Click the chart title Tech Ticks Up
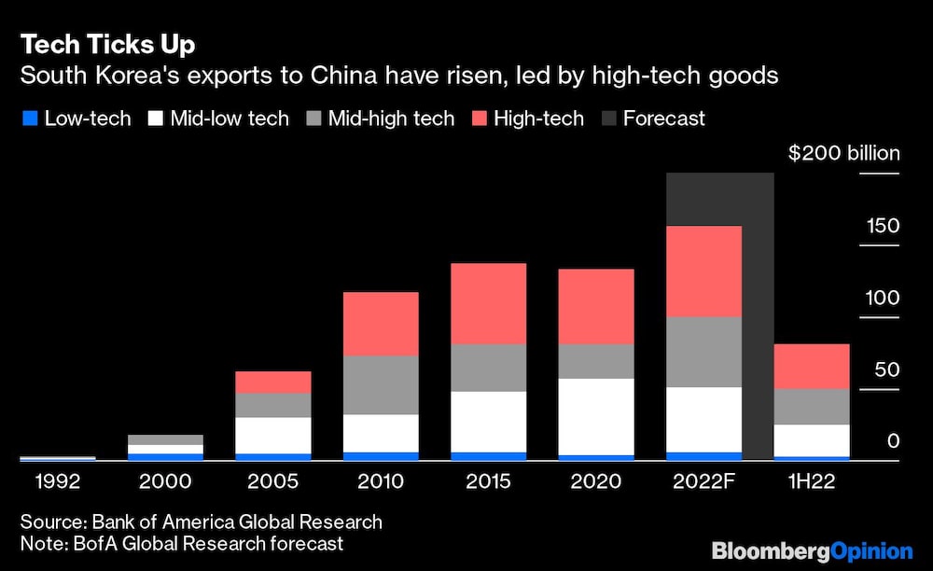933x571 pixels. (109, 44)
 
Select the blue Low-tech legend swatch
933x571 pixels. (29, 118)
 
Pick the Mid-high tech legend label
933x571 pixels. (391, 118)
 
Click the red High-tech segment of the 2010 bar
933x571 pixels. (381, 323)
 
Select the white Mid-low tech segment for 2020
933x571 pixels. (595, 416)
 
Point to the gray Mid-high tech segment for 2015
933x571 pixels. (488, 368)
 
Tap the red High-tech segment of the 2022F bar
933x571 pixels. (703, 271)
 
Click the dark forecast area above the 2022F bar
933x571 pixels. (719, 198)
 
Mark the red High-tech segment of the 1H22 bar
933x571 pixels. (811, 366)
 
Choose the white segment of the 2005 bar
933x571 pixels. (272, 435)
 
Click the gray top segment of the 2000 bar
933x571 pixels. (165, 439)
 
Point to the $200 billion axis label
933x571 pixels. (844, 153)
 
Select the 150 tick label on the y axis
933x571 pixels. (883, 226)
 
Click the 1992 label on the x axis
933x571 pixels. (56, 482)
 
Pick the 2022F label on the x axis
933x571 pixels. (703, 482)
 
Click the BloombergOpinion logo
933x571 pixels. (812, 550)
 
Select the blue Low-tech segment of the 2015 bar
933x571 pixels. (488, 455)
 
